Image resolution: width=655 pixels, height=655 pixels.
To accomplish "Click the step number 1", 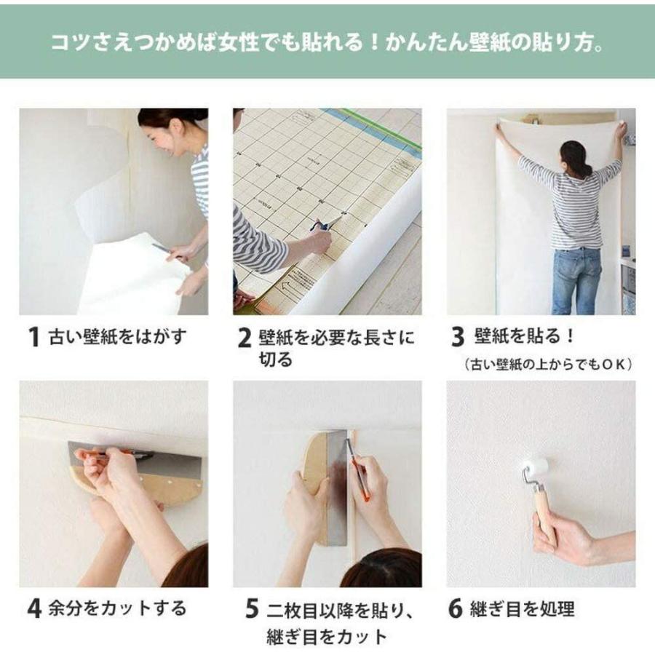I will (x=33, y=338).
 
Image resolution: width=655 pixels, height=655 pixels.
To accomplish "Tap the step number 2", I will (x=245, y=338).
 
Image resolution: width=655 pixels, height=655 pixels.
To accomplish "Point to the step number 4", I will (x=33, y=608).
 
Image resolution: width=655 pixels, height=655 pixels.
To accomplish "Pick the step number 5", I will (x=252, y=608).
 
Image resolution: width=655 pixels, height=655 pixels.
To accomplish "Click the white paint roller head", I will (x=535, y=467).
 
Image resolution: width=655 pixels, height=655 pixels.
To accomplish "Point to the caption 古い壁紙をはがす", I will (x=117, y=337).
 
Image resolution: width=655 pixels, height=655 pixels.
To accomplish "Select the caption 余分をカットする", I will (x=116, y=608).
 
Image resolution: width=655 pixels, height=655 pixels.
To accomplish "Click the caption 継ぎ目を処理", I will (x=521, y=608).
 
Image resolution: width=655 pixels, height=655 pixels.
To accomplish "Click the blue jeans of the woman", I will (x=576, y=279).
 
